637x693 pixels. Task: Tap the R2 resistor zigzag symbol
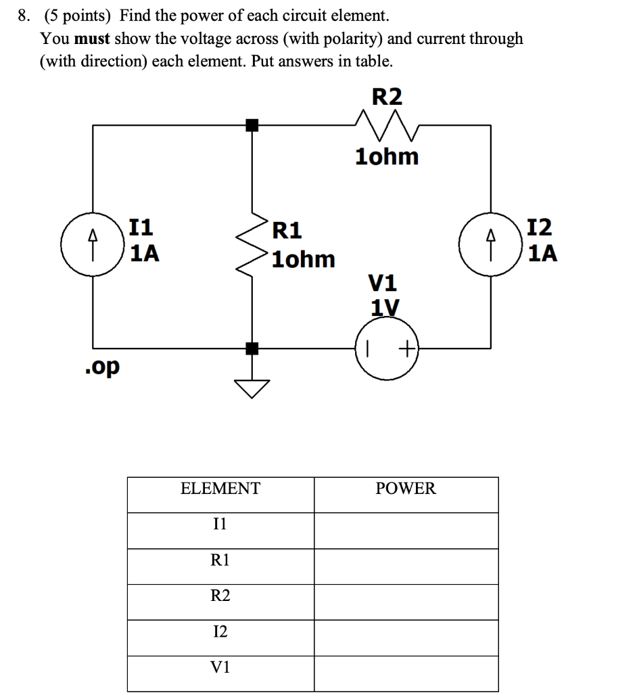click(x=387, y=125)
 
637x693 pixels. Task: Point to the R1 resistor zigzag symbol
click(x=252, y=237)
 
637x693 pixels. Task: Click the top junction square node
click(x=252, y=125)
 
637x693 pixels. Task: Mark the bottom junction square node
click(x=252, y=349)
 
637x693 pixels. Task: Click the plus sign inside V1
click(x=406, y=350)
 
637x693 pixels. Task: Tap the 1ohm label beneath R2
click(x=387, y=157)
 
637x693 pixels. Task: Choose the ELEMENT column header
click(x=220, y=489)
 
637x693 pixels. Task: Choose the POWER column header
click(x=406, y=489)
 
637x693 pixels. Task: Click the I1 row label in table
click(x=220, y=523)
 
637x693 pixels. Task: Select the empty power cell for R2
click(x=406, y=596)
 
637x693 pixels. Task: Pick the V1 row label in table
click(x=220, y=667)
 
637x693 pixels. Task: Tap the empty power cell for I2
click(x=406, y=631)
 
